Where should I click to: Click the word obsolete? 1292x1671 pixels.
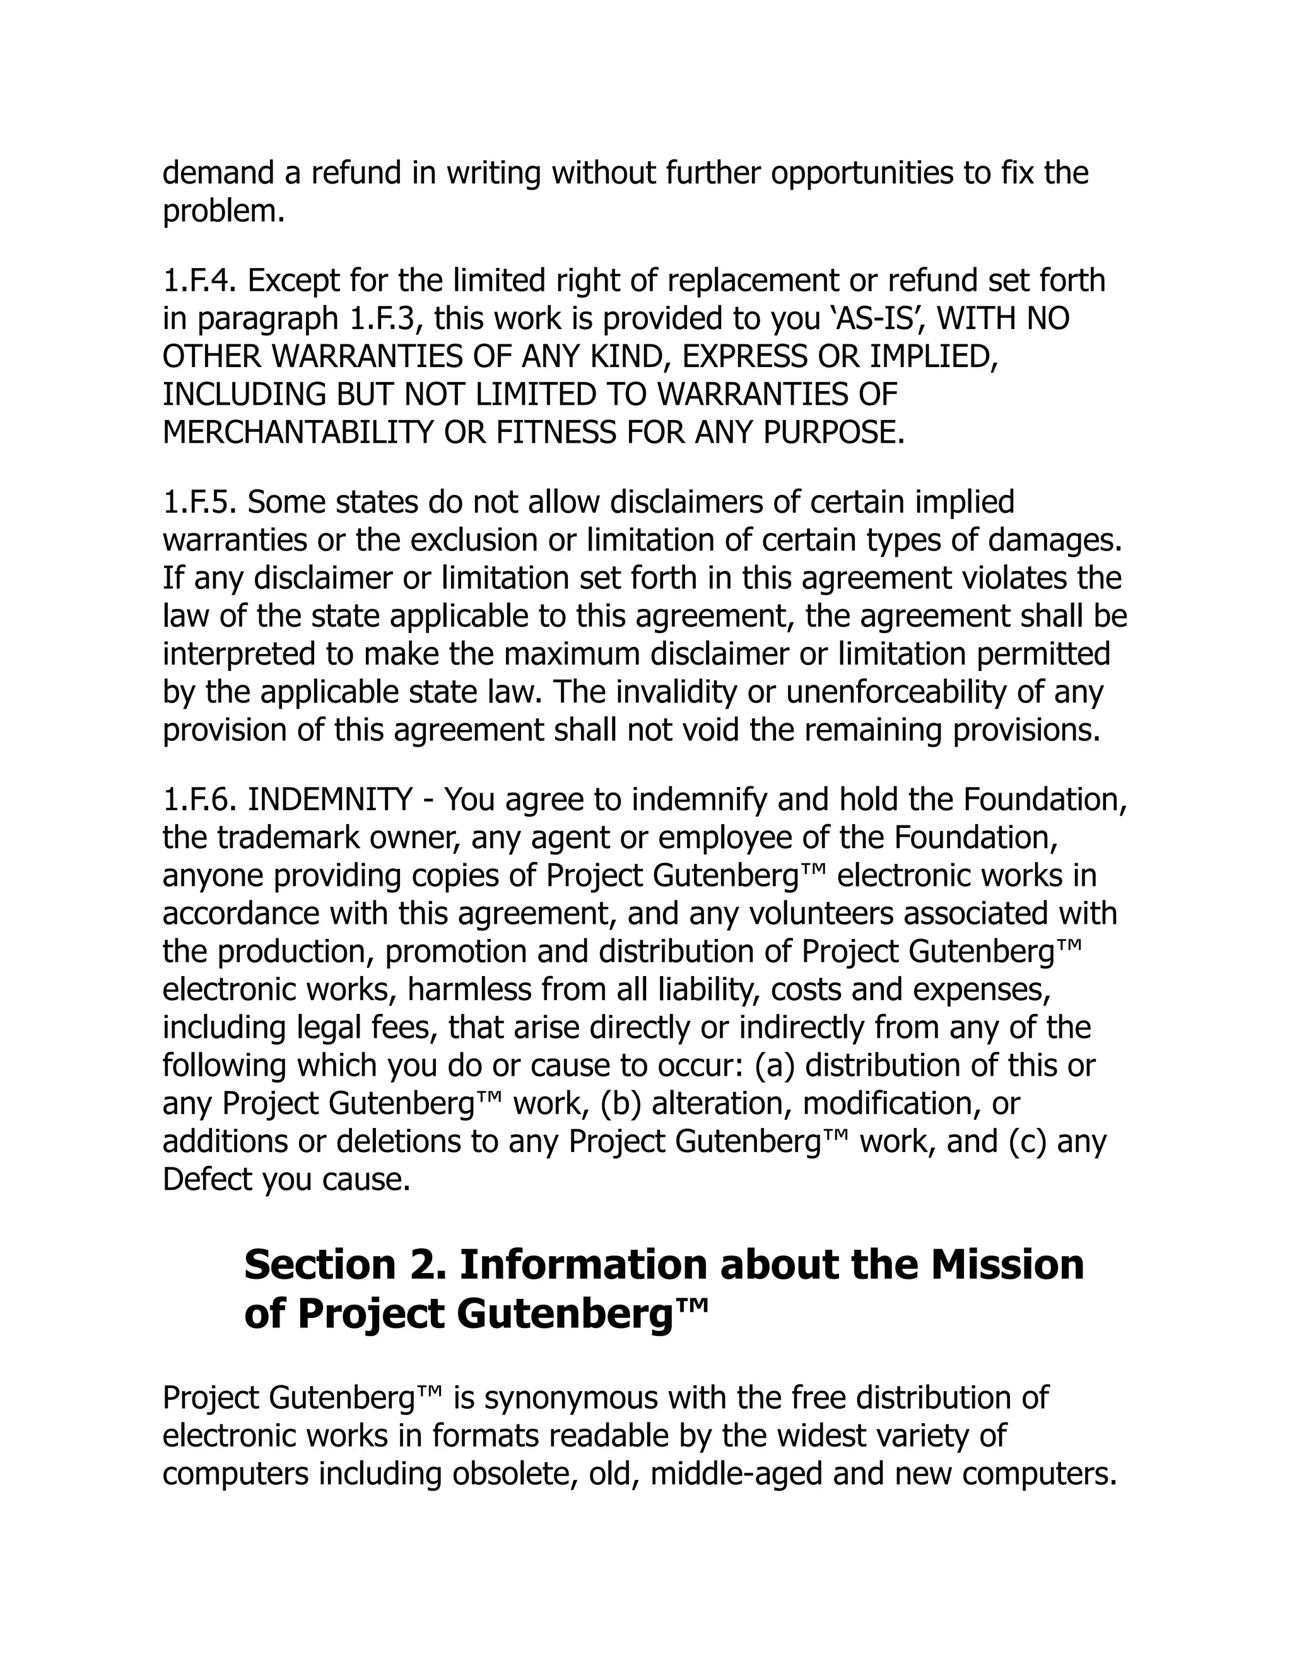[512, 1474]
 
